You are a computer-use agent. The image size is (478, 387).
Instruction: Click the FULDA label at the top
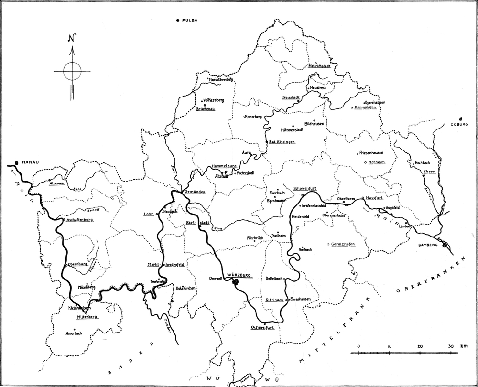click(189, 20)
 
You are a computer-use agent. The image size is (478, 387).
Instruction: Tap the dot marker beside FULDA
click(178, 20)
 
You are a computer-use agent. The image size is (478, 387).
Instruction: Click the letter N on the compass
click(72, 39)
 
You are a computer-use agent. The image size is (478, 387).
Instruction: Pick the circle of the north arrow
click(72, 71)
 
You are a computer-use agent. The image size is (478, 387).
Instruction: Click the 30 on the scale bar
click(450, 346)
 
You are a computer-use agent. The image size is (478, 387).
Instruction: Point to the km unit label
click(464, 346)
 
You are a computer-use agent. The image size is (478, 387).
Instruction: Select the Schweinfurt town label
click(305, 188)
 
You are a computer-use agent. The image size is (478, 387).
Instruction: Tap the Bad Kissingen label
click(282, 142)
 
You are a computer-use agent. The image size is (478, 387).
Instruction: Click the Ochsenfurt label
click(262, 328)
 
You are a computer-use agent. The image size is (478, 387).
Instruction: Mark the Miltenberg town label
click(82, 317)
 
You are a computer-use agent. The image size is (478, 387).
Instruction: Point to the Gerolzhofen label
click(343, 244)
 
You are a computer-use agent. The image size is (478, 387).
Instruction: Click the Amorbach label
click(74, 333)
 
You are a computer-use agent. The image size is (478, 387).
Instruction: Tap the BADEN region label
click(130, 359)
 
